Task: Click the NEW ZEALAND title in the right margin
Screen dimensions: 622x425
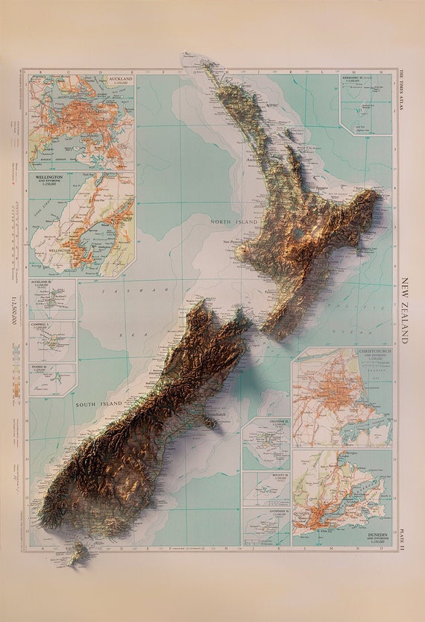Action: pyautogui.click(x=406, y=311)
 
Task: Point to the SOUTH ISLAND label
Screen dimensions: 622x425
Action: pyautogui.click(x=98, y=404)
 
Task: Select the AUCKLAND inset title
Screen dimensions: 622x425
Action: pyautogui.click(x=119, y=78)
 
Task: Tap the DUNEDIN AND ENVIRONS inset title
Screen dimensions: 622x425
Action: pyautogui.click(x=370, y=538)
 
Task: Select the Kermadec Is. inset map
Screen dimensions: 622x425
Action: pyautogui.click(x=365, y=105)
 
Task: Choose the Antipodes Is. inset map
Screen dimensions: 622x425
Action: pyautogui.click(x=266, y=527)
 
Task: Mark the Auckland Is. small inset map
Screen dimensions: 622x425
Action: pyautogui.click(x=52, y=299)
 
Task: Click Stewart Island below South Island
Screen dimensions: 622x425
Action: pyautogui.click(x=78, y=554)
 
